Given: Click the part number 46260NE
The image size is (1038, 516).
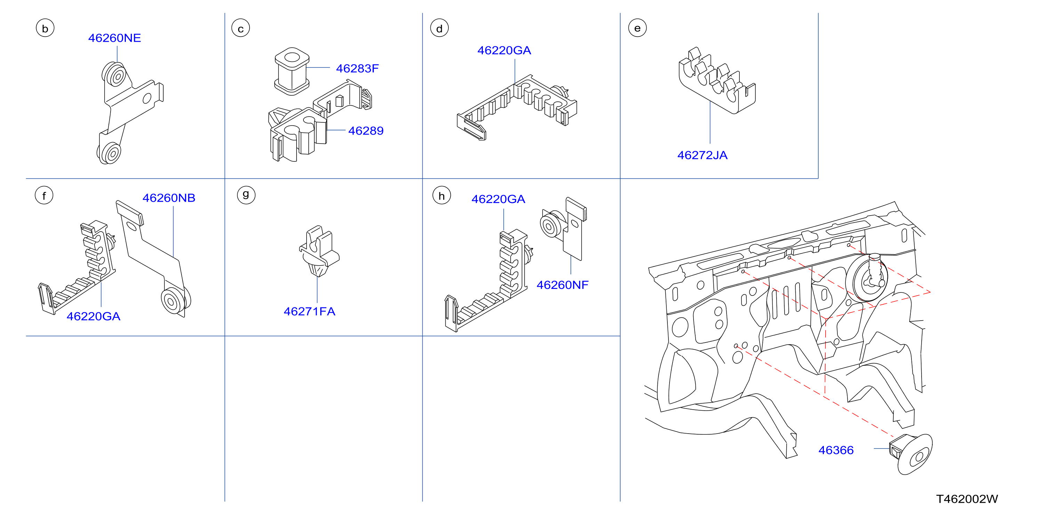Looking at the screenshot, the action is point(114,38).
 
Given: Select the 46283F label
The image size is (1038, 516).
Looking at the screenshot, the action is point(357,68).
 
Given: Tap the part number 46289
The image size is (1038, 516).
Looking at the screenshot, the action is point(366,131).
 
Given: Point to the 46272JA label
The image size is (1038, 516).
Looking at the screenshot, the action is point(702,155).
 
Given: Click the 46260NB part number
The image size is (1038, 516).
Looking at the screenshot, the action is point(169,198).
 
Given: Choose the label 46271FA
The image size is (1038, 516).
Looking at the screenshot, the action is point(309,311).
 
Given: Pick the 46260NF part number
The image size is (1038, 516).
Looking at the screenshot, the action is point(562,285).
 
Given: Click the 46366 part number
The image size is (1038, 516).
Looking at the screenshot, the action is point(836,450).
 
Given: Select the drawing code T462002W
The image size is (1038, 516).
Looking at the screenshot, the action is point(967,499).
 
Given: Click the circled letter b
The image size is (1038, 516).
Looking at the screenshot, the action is point(45,28).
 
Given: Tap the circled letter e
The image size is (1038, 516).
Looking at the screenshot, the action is point(638,28).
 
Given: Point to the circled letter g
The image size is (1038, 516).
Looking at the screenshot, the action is point(246,195).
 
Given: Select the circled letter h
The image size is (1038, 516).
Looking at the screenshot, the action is point(441,195).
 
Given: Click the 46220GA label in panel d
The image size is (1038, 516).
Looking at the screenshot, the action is point(504,50).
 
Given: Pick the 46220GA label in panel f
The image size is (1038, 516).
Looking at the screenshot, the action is point(94,316).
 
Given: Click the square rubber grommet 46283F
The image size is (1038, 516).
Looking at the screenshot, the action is point(292,71).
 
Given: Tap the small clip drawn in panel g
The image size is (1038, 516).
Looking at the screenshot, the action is point(319,251).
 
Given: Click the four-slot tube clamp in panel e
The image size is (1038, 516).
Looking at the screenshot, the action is point(717,81).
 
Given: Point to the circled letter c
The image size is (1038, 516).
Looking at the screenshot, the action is point(241,28).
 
